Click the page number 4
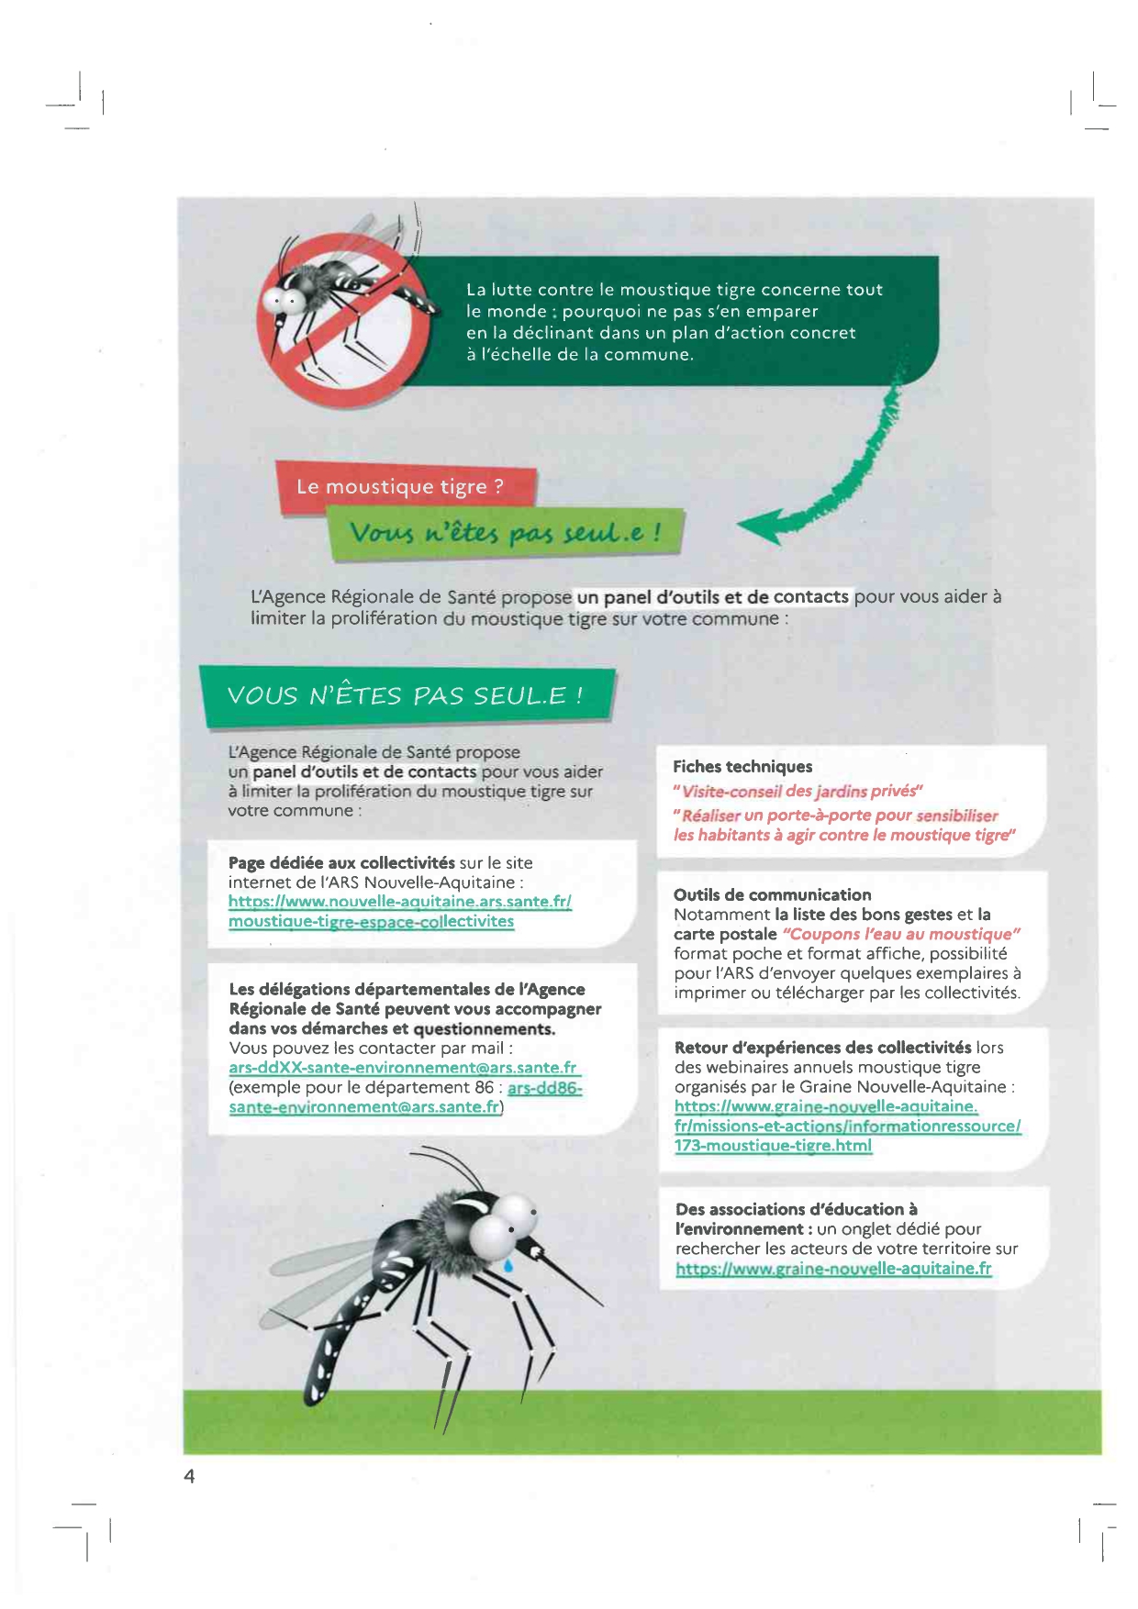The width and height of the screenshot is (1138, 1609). coord(189,1476)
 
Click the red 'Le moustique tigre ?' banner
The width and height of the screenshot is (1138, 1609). coord(401,486)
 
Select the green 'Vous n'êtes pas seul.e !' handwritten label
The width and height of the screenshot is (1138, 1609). coord(505,533)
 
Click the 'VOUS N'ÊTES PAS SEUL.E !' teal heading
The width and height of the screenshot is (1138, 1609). coord(405,695)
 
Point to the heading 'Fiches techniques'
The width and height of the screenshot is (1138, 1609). coord(742,767)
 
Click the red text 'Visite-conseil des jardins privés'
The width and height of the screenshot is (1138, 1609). coord(798,791)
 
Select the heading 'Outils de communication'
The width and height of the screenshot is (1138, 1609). coord(772,894)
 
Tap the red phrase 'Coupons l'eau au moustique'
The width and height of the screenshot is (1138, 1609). coord(901,934)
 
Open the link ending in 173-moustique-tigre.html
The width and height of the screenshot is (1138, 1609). coord(773,1146)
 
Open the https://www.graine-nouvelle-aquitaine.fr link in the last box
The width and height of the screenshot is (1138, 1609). coord(833,1269)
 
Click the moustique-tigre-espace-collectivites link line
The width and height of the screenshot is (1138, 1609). coord(371,921)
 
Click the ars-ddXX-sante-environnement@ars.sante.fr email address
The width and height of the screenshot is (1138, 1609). coord(403,1068)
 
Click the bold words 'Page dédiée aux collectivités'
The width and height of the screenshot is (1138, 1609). coord(341,863)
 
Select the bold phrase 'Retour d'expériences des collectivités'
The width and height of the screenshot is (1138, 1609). coord(822,1048)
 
